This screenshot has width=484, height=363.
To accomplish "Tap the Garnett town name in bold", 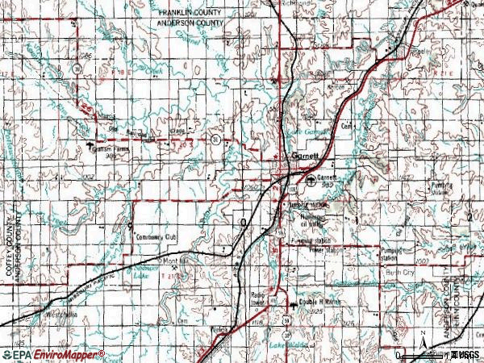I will (x=306, y=156).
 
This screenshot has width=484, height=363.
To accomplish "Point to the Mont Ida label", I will (x=177, y=261).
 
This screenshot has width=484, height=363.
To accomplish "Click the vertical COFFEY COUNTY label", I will (x=11, y=246).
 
